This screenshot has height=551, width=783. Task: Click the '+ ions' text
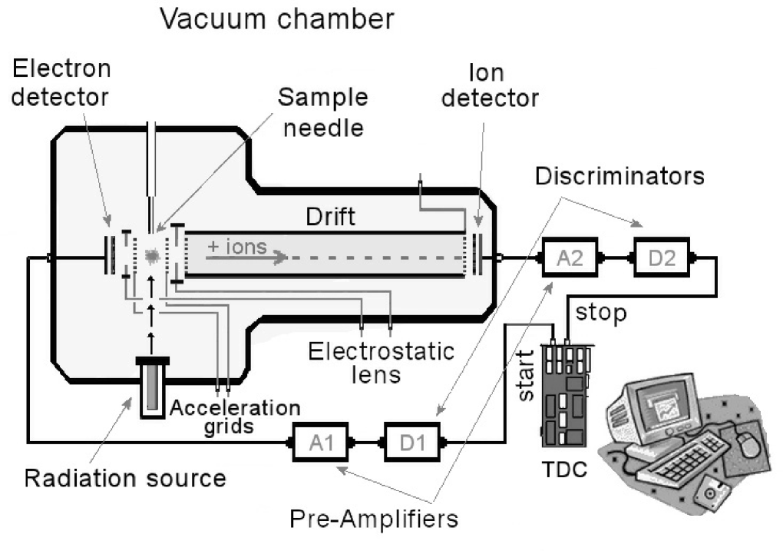coord(236,247)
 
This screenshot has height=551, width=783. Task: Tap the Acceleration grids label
coord(236,416)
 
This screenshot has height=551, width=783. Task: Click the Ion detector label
coord(504,86)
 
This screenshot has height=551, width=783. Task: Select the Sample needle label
coord(322,111)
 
